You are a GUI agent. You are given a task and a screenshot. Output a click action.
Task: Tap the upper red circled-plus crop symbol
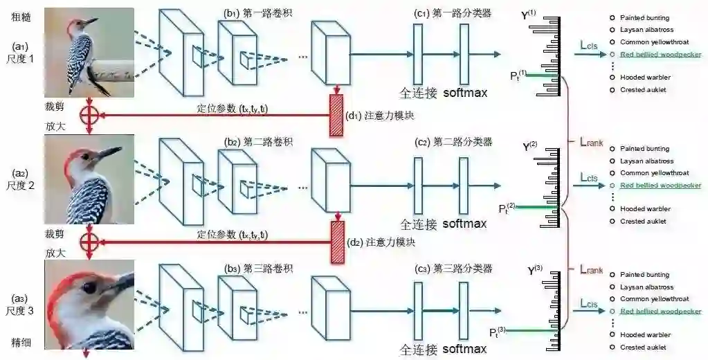[x=88, y=115]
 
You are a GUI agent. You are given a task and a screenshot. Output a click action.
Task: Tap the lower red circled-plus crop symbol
[x=88, y=241]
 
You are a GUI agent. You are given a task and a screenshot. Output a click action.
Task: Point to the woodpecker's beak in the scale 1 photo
[x=91, y=23]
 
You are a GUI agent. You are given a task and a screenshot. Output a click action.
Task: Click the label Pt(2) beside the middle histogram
[x=507, y=208]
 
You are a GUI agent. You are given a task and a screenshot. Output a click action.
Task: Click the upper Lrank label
[x=591, y=143]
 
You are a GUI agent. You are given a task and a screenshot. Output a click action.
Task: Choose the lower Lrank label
[x=591, y=268]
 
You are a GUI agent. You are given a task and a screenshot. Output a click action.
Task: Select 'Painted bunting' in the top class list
[x=644, y=17]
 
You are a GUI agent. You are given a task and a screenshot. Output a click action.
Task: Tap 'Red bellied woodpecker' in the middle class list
[x=660, y=186]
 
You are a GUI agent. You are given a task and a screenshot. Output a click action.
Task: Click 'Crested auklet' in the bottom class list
[x=643, y=347]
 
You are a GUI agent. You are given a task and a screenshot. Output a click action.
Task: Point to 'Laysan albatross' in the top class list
[x=646, y=30]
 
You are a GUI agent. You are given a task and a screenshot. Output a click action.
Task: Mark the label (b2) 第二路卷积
[x=258, y=142]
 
